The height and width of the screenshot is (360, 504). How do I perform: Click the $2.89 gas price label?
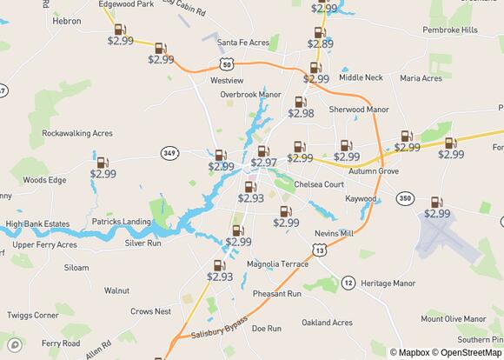[x=320, y=43]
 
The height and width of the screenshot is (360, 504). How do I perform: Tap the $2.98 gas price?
[x=301, y=113]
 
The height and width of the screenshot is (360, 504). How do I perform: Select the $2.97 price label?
[x=264, y=163]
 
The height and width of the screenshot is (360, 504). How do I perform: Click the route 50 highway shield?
[x=226, y=64]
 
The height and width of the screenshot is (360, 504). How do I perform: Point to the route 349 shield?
[x=169, y=153]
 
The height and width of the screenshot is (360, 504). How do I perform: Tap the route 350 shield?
[x=404, y=199]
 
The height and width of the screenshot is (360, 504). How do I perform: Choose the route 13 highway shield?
[x=322, y=250]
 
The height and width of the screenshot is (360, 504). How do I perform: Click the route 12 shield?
[x=348, y=283]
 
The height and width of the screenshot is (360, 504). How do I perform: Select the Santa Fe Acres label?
[x=244, y=42]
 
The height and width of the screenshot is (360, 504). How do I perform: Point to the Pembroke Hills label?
[x=449, y=30]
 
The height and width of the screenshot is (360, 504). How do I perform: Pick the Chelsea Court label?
[x=319, y=184]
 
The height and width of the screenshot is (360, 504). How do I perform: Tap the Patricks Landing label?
[x=121, y=222]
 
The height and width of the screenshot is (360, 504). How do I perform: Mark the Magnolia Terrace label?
[x=277, y=263]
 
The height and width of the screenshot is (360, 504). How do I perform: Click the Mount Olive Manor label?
[x=453, y=319]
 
